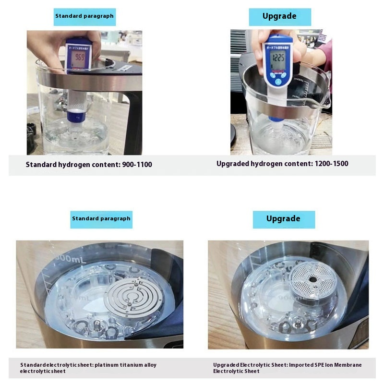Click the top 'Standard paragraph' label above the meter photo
(x=84, y=16)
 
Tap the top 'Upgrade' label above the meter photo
(x=279, y=16)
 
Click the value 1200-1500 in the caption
(x=331, y=164)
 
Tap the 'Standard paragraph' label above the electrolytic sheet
(x=101, y=219)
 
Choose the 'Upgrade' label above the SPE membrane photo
(x=283, y=219)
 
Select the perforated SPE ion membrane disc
(x=312, y=279)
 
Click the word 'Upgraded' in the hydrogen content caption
(x=232, y=164)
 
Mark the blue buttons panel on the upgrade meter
(x=278, y=77)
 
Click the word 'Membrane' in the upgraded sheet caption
(x=348, y=365)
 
